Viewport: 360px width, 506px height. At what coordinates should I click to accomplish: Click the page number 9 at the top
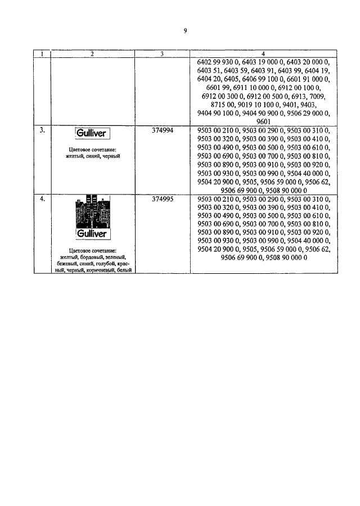pyautogui.click(x=185, y=31)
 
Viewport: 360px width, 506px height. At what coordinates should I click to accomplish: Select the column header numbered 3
pyautogui.click(x=162, y=54)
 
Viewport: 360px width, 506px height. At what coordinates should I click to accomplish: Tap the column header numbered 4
pyautogui.click(x=263, y=54)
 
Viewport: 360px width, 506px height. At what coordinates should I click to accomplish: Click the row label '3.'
pyautogui.click(x=42, y=130)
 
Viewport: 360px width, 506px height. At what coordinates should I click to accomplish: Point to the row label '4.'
pyautogui.click(x=42, y=199)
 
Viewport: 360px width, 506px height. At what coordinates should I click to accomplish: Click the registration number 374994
pyautogui.click(x=163, y=130)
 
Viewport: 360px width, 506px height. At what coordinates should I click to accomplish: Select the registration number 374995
pyautogui.click(x=163, y=199)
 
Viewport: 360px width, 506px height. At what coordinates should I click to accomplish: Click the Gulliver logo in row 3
pyautogui.click(x=92, y=133)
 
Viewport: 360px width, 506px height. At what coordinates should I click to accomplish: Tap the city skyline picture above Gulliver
pyautogui.click(x=93, y=212)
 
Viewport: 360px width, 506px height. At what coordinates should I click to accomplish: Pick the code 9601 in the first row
pyautogui.click(x=263, y=121)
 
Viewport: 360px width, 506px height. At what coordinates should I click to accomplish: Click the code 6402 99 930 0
pyautogui.click(x=218, y=62)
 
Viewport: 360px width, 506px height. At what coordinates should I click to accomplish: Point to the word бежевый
pyautogui.click(x=69, y=264)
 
